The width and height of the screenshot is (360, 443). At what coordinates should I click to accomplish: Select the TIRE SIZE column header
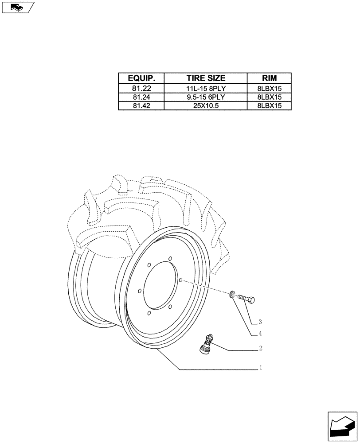coord(206,78)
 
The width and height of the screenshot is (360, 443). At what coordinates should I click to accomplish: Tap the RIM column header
coord(269,78)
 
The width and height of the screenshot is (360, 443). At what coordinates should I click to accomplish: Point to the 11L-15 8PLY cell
coord(206,88)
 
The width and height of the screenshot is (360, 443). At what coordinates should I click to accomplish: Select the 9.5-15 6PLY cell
coord(206,97)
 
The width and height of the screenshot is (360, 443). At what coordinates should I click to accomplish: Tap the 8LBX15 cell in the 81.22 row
coord(269,88)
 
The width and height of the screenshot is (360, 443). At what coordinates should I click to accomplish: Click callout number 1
coord(261,367)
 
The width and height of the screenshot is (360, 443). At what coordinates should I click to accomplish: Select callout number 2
coord(261,348)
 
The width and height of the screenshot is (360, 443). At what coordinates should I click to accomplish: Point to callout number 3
coord(261,321)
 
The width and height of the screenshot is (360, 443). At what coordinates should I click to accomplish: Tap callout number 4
coord(261,334)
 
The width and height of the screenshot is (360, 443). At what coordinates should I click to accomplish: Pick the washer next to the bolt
coord(232,294)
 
